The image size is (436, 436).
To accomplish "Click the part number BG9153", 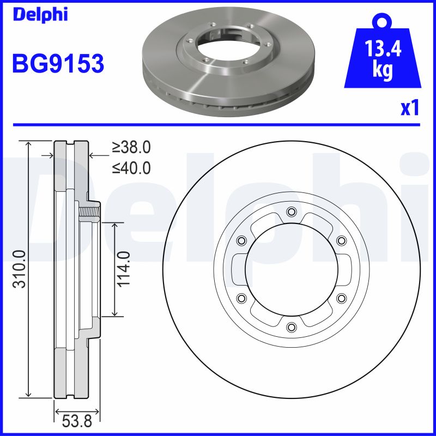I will pyautogui.click(x=58, y=64).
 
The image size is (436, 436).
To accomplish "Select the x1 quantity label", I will pyautogui.click(x=409, y=108).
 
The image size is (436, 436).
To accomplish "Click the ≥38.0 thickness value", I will pyautogui.click(x=131, y=147).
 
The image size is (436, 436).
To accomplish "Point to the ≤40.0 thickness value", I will pyautogui.click(x=131, y=167).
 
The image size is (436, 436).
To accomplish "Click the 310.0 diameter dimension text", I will pyautogui.click(x=19, y=270).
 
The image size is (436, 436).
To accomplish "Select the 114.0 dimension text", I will pyautogui.click(x=124, y=269).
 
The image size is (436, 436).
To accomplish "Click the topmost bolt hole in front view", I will pyautogui.click(x=290, y=211).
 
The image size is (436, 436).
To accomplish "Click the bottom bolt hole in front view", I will pyautogui.click(x=290, y=326).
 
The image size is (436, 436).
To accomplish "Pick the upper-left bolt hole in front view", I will pyautogui.click(x=241, y=240).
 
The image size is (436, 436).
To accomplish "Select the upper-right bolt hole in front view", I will pyautogui.click(x=341, y=240).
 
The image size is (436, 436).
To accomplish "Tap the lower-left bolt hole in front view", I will pyautogui.click(x=241, y=298).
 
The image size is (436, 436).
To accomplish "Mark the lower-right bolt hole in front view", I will pyautogui.click(x=341, y=298).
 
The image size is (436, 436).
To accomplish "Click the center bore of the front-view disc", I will pyautogui.click(x=290, y=269).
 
